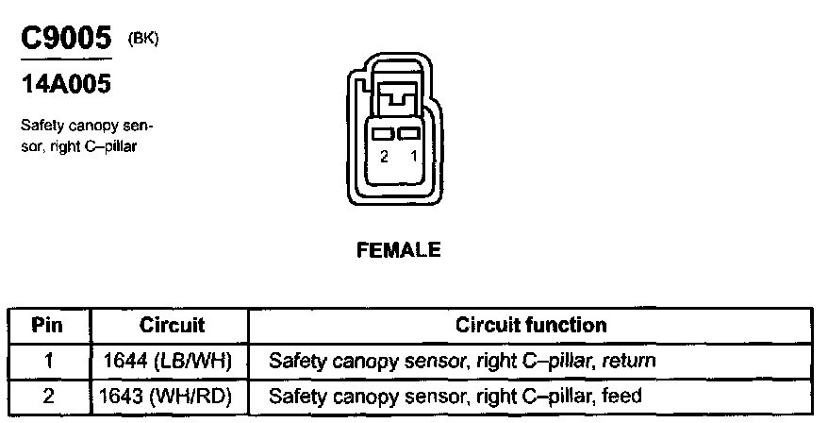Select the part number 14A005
tap(66, 84)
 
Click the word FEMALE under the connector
tap(399, 250)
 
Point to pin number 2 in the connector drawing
tap(384, 157)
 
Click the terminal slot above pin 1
tap(408, 134)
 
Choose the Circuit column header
tap(172, 326)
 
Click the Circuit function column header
tap(531, 326)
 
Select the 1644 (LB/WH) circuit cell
tap(172, 361)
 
